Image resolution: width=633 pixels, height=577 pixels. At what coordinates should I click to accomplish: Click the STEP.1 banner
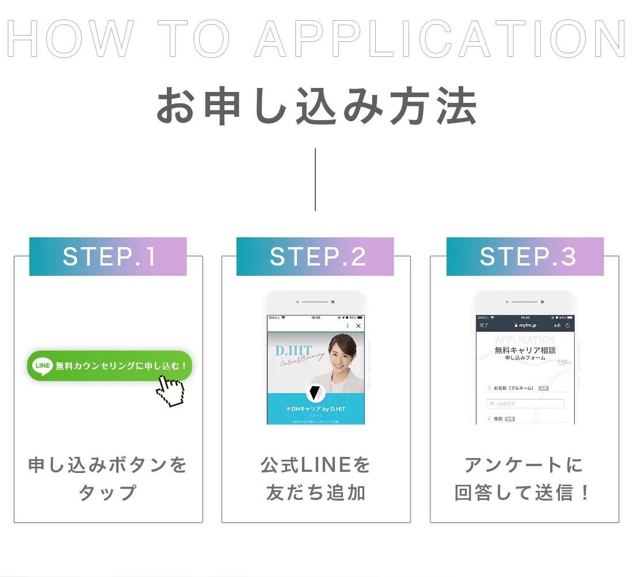(x=108, y=257)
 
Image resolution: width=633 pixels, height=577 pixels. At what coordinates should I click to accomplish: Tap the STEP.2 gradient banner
(x=315, y=257)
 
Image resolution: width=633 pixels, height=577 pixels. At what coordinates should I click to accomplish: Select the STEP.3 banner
(x=525, y=257)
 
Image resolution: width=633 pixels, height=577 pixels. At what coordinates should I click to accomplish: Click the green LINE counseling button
(x=109, y=366)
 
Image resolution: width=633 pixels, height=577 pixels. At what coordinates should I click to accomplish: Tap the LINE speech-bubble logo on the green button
(x=43, y=366)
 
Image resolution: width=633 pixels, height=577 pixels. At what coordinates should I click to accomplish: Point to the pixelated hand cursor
(x=170, y=392)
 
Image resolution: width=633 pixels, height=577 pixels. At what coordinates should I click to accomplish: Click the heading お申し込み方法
(x=316, y=107)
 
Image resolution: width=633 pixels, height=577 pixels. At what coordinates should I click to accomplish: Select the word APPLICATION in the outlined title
(x=440, y=39)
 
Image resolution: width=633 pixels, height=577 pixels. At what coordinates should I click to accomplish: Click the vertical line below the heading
(x=315, y=179)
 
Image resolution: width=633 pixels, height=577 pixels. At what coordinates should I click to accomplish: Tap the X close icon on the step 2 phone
(x=359, y=326)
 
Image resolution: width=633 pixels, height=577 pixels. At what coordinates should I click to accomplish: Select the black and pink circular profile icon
(x=316, y=393)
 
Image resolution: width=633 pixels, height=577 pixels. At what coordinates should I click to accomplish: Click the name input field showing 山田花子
(x=525, y=403)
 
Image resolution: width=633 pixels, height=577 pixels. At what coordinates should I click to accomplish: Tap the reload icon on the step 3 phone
(x=568, y=325)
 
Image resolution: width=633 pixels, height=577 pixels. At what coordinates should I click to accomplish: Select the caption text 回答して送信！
(x=524, y=493)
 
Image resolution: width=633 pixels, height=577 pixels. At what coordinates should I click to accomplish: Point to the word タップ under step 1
(x=108, y=493)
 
